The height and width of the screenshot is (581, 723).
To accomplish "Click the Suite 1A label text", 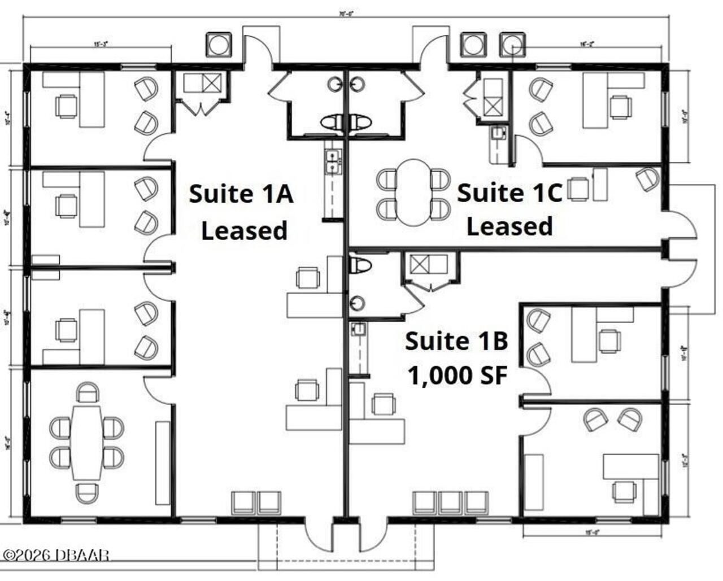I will [241, 194].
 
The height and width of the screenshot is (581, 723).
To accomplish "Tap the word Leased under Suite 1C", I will [509, 226].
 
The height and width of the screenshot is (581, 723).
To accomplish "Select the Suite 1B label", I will [456, 342].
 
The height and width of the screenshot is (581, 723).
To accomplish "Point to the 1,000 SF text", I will [456, 375].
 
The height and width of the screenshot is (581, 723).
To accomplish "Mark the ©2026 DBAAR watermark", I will [55, 555].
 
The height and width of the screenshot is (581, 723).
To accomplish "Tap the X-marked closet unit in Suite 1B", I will [421, 264].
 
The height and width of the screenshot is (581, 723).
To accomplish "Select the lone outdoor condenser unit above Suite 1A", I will [219, 44].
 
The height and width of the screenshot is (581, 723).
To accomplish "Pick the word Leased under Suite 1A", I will [244, 231].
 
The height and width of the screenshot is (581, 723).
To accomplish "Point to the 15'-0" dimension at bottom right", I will [591, 532].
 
